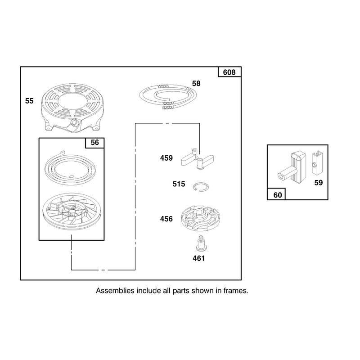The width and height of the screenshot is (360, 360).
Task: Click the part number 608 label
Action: [x=229, y=72]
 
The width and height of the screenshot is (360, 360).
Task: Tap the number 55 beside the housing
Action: [x=29, y=101]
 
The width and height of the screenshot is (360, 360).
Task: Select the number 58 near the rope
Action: [x=196, y=83]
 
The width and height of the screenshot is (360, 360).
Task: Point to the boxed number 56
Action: [x=94, y=142]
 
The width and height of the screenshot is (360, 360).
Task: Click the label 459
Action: [x=166, y=158]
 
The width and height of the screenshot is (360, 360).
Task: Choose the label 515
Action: [x=179, y=184]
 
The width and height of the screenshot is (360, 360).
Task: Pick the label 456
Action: [x=166, y=219]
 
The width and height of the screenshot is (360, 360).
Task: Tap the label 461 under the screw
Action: [x=198, y=258]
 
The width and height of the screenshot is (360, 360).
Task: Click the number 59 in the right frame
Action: [x=319, y=183]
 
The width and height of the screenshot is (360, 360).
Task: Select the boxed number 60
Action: [x=278, y=195]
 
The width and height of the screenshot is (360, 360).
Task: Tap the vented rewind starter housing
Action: [x=72, y=108]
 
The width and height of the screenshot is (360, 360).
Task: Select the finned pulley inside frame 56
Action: [x=72, y=211]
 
